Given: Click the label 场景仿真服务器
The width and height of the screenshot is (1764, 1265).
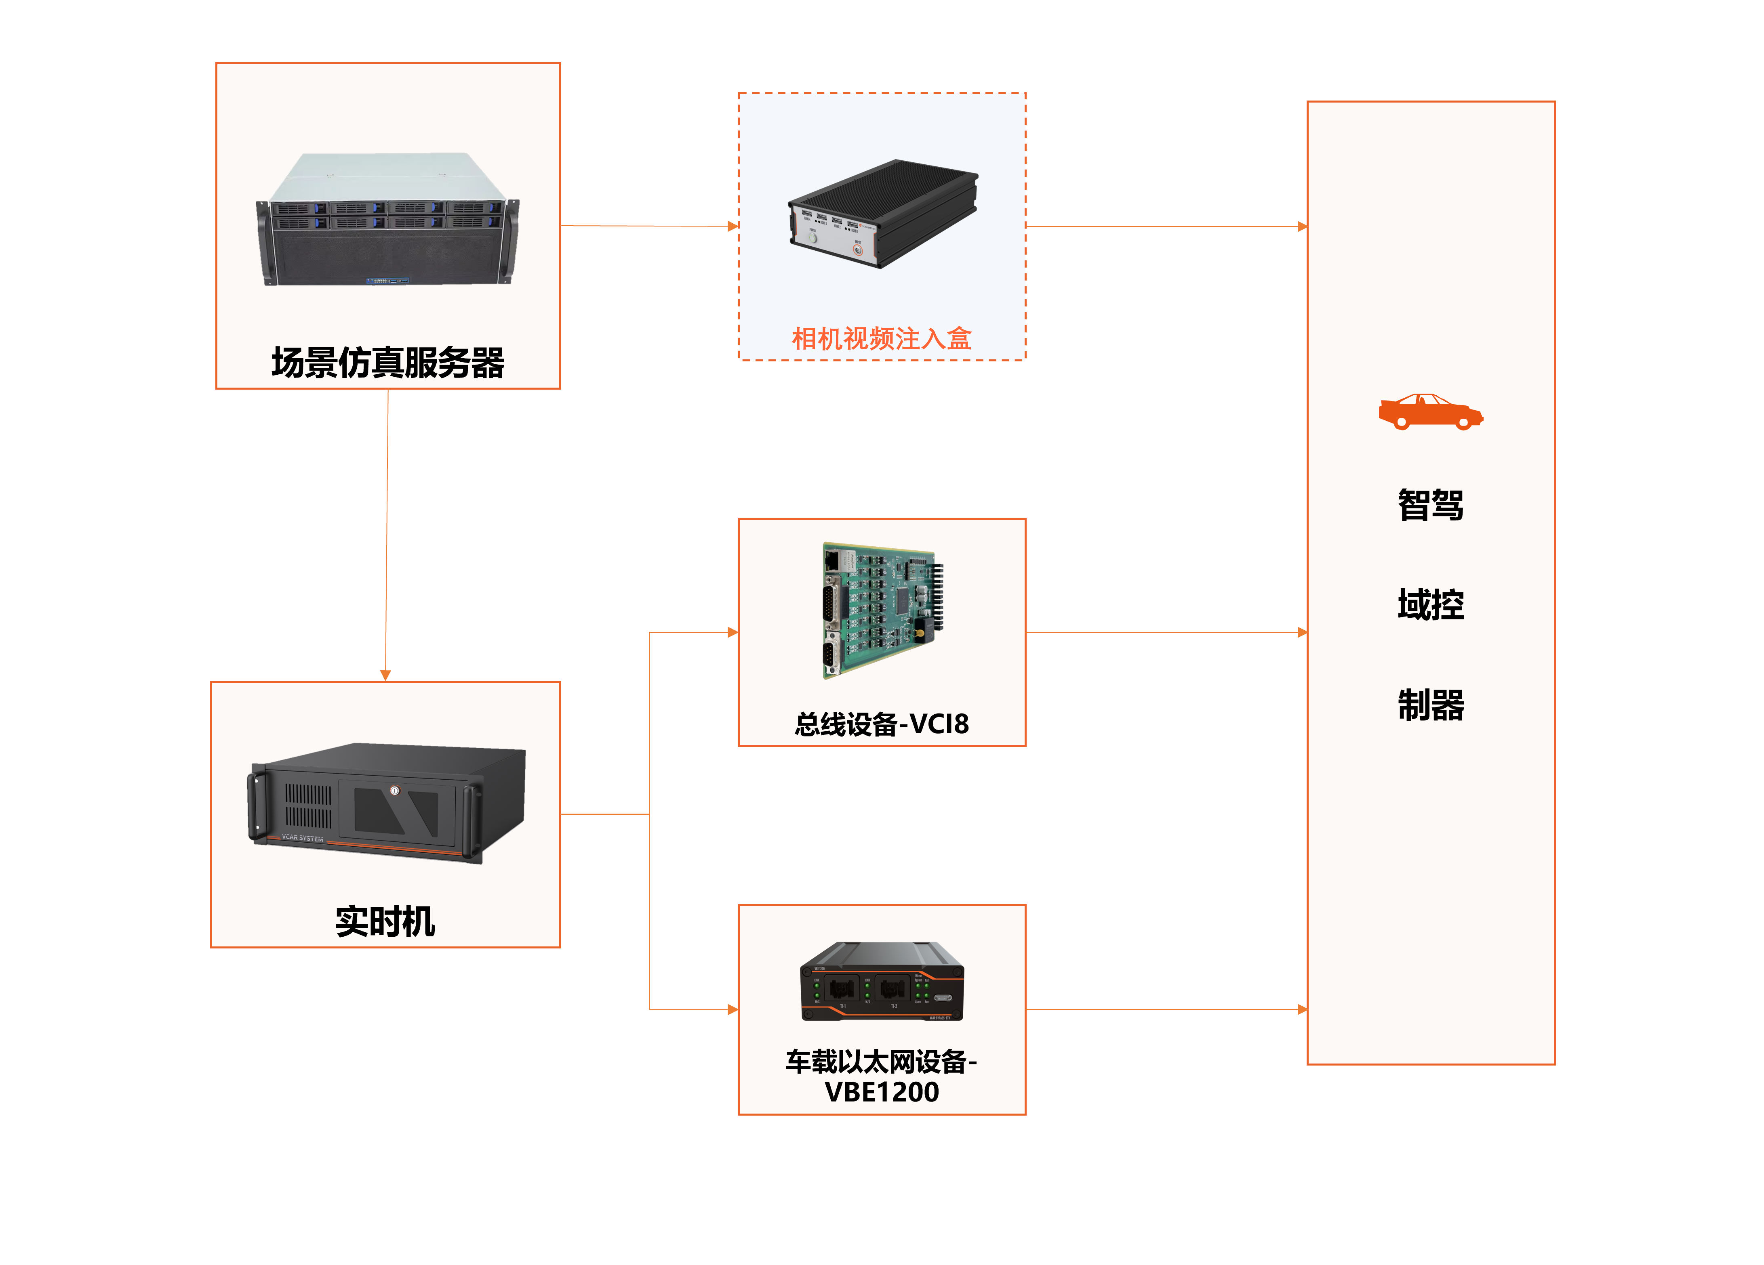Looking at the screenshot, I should pyautogui.click(x=387, y=362).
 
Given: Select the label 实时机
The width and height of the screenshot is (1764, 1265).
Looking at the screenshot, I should pyautogui.click(x=385, y=922).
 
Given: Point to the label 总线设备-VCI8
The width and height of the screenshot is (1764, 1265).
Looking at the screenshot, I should pyautogui.click(x=881, y=724).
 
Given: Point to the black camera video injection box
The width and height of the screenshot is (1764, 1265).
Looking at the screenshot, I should pyautogui.click(x=883, y=214).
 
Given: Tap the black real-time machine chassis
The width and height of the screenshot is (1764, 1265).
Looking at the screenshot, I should pyautogui.click(x=387, y=803).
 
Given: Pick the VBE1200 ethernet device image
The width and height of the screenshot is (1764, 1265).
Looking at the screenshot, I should pyautogui.click(x=882, y=981).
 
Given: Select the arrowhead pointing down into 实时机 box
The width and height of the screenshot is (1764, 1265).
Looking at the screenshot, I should pyautogui.click(x=385, y=675).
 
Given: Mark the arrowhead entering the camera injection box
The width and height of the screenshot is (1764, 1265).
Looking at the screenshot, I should pyautogui.click(x=733, y=226).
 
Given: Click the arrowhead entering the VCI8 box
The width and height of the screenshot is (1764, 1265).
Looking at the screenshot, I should pyautogui.click(x=733, y=632).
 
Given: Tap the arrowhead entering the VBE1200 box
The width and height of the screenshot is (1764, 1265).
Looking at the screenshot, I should pyautogui.click(x=733, y=1009).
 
